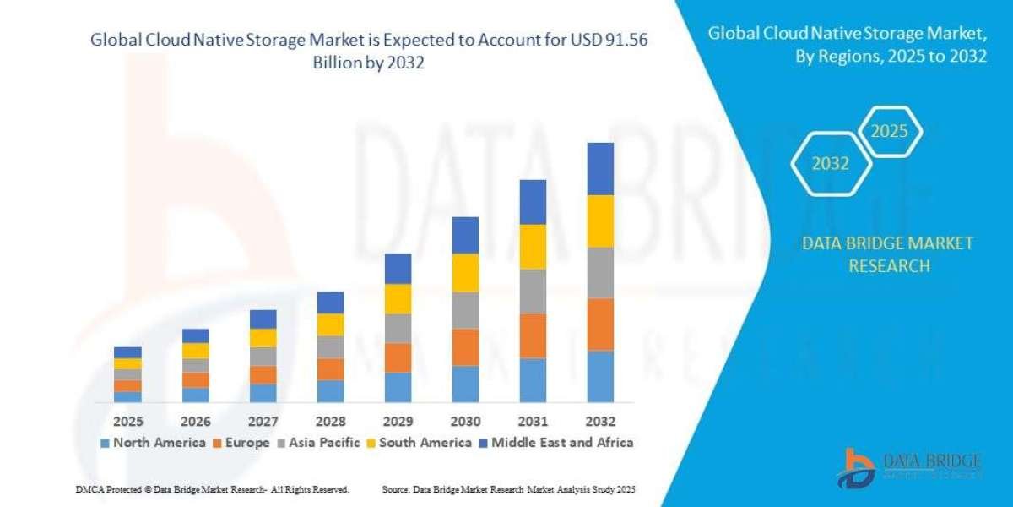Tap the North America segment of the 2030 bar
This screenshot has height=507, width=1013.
(x=465, y=384)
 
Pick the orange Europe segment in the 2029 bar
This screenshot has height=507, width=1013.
(x=398, y=357)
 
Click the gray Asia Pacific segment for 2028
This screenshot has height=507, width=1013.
(x=330, y=346)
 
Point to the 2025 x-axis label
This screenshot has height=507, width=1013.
(x=128, y=421)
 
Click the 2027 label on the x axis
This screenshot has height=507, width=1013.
(x=263, y=421)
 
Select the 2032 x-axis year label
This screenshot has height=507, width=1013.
(x=600, y=421)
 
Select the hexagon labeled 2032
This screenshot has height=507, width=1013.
(x=830, y=164)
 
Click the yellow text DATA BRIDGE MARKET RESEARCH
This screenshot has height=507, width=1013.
(x=886, y=254)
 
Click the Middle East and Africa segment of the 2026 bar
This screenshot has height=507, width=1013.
(x=195, y=335)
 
